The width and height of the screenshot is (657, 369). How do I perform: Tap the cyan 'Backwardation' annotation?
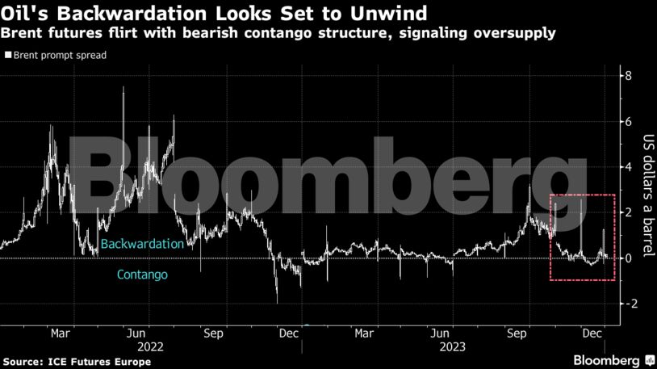pyautogui.click(x=143, y=243)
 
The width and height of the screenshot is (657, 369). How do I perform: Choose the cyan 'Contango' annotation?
pyautogui.click(x=142, y=275)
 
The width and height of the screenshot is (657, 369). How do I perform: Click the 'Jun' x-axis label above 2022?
pyautogui.click(x=137, y=332)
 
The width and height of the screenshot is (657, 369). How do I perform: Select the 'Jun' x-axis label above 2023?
pyautogui.click(x=441, y=332)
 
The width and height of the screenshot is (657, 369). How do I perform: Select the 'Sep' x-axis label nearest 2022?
pyautogui.click(x=213, y=332)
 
